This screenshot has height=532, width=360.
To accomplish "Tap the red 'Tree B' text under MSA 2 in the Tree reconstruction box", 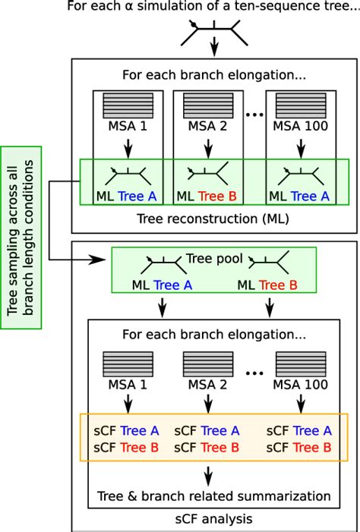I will (x=216, y=196).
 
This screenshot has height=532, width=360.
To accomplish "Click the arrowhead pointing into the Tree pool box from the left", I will (x=103, y=260).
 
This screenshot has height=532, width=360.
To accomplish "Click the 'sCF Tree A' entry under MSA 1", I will (x=125, y=430).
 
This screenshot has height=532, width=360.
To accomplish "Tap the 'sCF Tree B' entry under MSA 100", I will (x=299, y=448).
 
